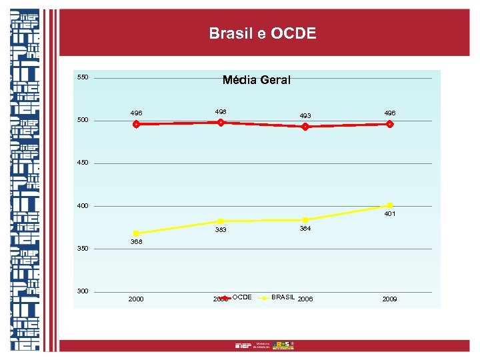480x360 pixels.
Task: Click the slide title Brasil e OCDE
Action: [262, 33]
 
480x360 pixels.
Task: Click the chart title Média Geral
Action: [257, 80]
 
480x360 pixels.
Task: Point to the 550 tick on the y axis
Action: [83, 77]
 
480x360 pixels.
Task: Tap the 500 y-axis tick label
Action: [83, 120]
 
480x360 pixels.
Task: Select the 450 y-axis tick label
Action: [83, 163]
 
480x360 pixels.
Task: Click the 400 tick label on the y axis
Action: [83, 206]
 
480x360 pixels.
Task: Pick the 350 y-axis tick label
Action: [83, 249]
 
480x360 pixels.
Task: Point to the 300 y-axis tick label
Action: [83, 291]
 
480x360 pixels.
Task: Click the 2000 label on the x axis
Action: [135, 299]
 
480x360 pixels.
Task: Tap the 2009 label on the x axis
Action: [389, 299]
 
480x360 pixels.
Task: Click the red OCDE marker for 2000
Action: [136, 124]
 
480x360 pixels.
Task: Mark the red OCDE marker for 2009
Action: [390, 124]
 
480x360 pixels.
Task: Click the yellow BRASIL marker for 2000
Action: [136, 233]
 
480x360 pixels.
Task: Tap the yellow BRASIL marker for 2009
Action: [390, 205]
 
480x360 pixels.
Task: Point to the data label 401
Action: [390, 215]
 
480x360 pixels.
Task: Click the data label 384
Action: [305, 229]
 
